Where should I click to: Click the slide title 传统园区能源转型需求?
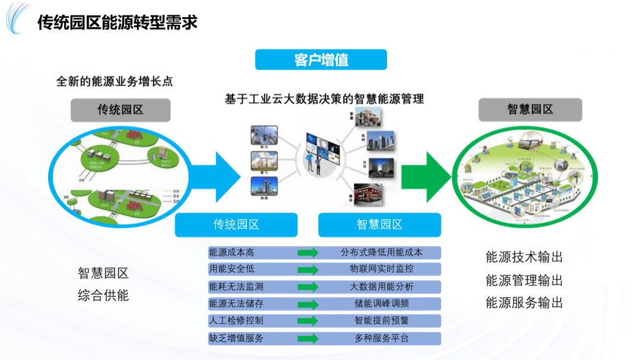[117, 23]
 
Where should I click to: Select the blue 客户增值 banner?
[320, 59]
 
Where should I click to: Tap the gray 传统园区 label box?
[120, 110]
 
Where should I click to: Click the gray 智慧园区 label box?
[529, 110]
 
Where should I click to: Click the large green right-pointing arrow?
[426, 176]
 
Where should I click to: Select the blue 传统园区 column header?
[236, 225]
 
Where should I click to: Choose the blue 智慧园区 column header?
[379, 225]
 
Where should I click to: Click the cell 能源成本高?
[232, 253]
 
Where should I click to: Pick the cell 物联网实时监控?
[381, 269]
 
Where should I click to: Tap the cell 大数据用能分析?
[381, 286]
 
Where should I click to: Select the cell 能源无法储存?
[236, 304]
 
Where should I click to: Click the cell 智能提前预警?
[381, 321]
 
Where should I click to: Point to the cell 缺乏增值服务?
[236, 338]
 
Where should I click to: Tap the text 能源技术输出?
[523, 257]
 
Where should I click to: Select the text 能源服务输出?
[523, 303]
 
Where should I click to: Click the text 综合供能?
[103, 295]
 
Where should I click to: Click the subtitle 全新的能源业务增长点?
[114, 81]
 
